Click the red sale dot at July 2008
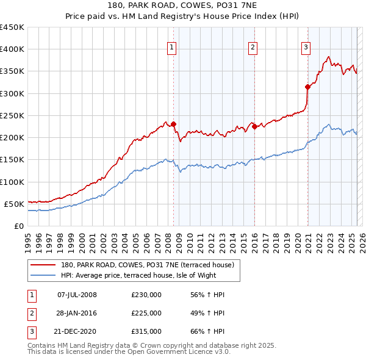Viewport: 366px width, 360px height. pos(174,124)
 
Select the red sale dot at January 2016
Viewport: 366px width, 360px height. pos(254,126)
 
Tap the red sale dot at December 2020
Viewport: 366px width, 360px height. pos(307,87)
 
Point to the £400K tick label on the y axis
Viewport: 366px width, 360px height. pos(12,49)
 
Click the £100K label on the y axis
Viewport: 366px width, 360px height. pos(12,182)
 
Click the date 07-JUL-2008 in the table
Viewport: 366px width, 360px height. pos(77,295)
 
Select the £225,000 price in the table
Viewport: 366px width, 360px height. pos(146,313)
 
